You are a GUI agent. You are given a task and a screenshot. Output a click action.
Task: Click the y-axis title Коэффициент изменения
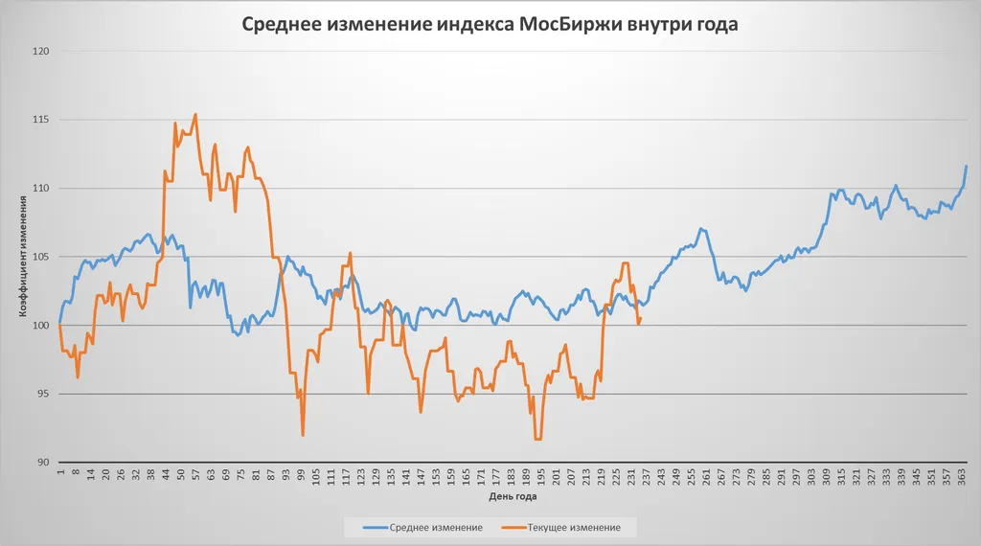pyautogui.click(x=22, y=257)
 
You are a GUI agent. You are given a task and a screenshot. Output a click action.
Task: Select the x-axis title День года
pyautogui.click(x=513, y=498)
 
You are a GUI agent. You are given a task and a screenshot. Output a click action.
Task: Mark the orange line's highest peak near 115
pyautogui.click(x=195, y=115)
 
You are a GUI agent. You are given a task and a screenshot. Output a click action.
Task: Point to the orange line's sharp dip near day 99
pyautogui.click(x=303, y=435)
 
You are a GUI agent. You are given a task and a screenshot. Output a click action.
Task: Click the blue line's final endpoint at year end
pyautogui.click(x=967, y=167)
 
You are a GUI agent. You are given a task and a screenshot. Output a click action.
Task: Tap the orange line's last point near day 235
pyautogui.click(x=640, y=319)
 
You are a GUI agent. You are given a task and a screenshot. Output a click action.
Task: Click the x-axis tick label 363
pyautogui.click(x=962, y=477)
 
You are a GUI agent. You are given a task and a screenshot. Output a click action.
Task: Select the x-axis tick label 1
pyautogui.click(x=59, y=473)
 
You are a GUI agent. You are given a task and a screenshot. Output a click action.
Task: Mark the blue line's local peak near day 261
pyautogui.click(x=701, y=229)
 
